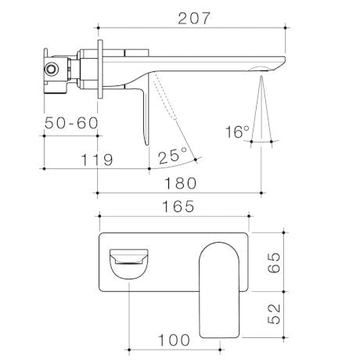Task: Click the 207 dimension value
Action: [x=192, y=18]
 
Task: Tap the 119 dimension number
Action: [x=96, y=159]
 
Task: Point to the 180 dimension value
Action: [x=181, y=183]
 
